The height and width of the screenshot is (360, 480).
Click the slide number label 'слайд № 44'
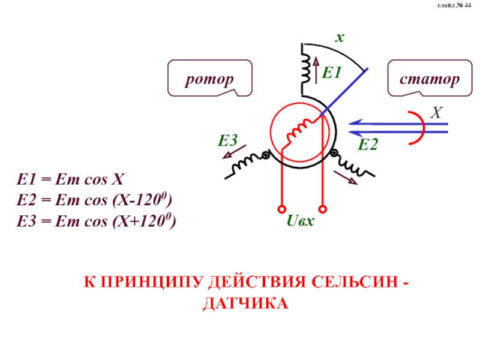point(455,14)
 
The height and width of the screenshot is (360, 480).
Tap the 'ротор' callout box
point(209,78)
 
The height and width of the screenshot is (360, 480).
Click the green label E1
point(332,74)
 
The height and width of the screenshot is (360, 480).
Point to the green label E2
point(368,145)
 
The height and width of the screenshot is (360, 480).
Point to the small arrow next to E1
point(316,70)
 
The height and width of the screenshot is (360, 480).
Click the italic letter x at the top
point(339,37)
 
